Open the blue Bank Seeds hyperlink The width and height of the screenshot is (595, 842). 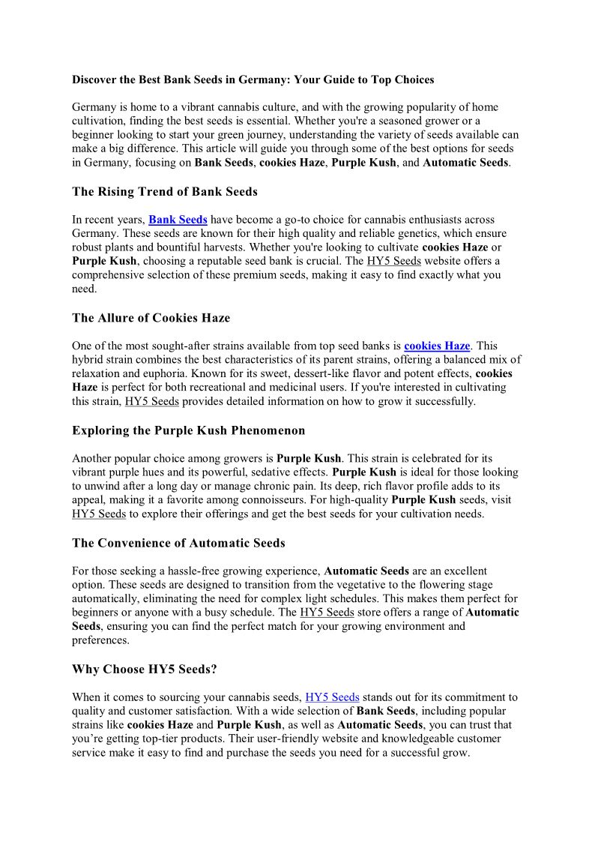(178, 220)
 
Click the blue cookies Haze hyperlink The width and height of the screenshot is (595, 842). (437, 346)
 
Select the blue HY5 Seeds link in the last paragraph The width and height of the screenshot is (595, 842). (332, 697)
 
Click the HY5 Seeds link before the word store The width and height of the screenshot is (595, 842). (327, 612)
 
